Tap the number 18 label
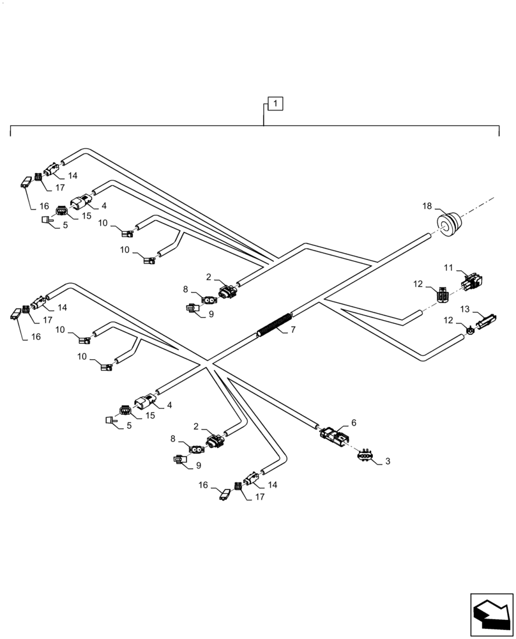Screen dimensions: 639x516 pos(427,206)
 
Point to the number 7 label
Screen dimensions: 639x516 pos(293,330)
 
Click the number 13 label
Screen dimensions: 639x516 pos(464,309)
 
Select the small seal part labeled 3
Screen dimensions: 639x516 pos(365,454)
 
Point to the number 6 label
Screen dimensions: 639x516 pos(353,424)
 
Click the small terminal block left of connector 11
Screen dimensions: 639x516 pos(443,295)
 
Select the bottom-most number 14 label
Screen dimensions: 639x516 pos(273,485)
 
